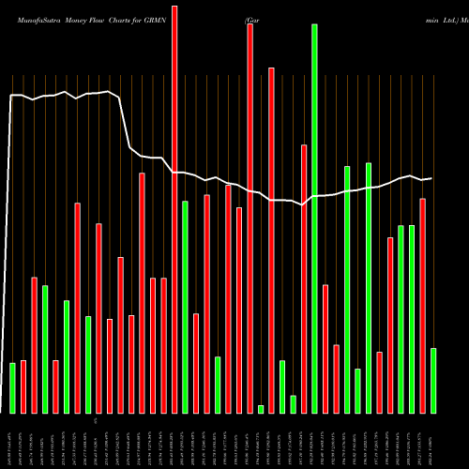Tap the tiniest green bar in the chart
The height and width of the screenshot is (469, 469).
261,409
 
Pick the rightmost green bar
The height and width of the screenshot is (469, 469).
433,381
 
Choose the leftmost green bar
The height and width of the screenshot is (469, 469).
12,388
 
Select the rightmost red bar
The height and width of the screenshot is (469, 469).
423,306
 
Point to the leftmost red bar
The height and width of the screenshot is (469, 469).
23,386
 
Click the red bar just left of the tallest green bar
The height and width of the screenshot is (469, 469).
304,279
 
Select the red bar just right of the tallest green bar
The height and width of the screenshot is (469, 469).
325,348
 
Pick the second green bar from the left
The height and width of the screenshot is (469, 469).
45,349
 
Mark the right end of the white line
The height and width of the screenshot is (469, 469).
431,178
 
